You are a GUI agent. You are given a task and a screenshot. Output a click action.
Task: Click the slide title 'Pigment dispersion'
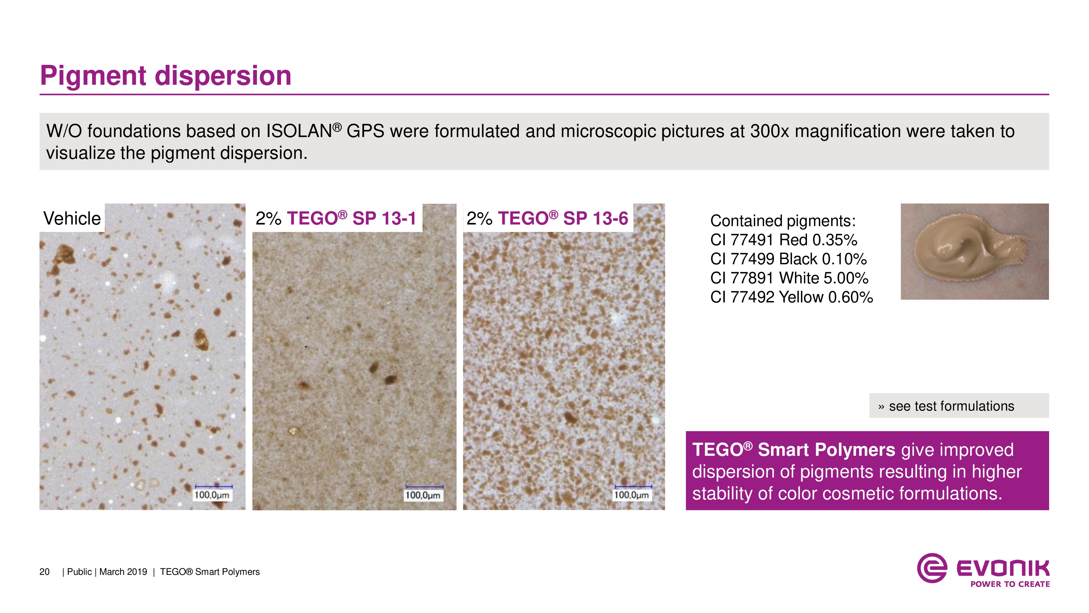(166, 76)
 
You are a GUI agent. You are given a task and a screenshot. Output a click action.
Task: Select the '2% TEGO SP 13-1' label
(336, 218)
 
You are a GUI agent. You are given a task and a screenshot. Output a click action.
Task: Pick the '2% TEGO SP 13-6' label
(547, 218)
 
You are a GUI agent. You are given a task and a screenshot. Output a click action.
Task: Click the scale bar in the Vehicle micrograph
(213, 487)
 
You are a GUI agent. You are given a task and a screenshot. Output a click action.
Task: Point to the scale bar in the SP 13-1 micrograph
(424, 487)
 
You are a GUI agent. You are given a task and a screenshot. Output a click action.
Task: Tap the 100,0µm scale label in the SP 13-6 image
(632, 495)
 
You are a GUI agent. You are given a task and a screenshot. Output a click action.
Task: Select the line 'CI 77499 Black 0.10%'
(788, 259)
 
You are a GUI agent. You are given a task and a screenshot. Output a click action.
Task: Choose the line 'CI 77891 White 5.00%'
(789, 278)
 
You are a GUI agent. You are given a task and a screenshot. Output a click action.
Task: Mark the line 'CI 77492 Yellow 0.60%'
(791, 297)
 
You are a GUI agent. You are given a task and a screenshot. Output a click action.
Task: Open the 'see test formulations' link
(951, 406)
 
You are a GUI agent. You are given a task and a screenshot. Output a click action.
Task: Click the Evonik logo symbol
(932, 568)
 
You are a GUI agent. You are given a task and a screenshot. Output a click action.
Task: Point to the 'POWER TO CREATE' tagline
(1010, 584)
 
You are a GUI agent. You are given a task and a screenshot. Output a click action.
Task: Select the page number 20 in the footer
(44, 572)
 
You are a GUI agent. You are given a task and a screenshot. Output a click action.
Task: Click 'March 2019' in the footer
(123, 572)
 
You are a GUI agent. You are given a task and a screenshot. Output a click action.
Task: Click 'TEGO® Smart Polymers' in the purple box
(794, 450)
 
